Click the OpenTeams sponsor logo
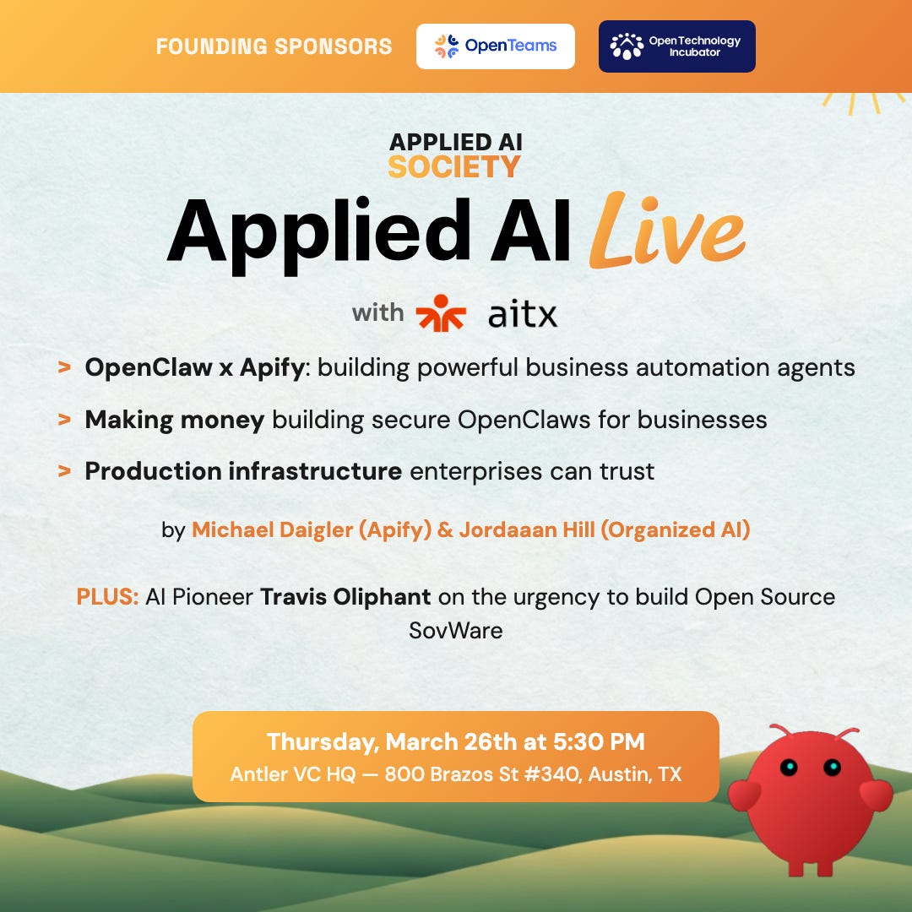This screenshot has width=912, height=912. (495, 46)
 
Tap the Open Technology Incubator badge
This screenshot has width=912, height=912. (676, 46)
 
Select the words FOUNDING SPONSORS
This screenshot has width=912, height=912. (274, 46)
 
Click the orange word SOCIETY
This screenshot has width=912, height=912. (454, 166)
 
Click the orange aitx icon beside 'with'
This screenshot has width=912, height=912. (441, 313)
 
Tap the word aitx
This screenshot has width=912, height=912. (523, 315)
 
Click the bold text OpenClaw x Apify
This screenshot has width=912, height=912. (193, 368)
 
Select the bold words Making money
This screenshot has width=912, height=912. (174, 420)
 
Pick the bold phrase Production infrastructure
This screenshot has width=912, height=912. (243, 471)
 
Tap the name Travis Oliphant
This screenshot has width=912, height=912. (345, 597)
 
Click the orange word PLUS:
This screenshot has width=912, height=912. (107, 597)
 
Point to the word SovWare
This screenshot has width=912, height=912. (455, 630)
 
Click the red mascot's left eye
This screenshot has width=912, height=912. (789, 767)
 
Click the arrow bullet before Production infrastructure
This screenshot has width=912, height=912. (63, 471)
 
